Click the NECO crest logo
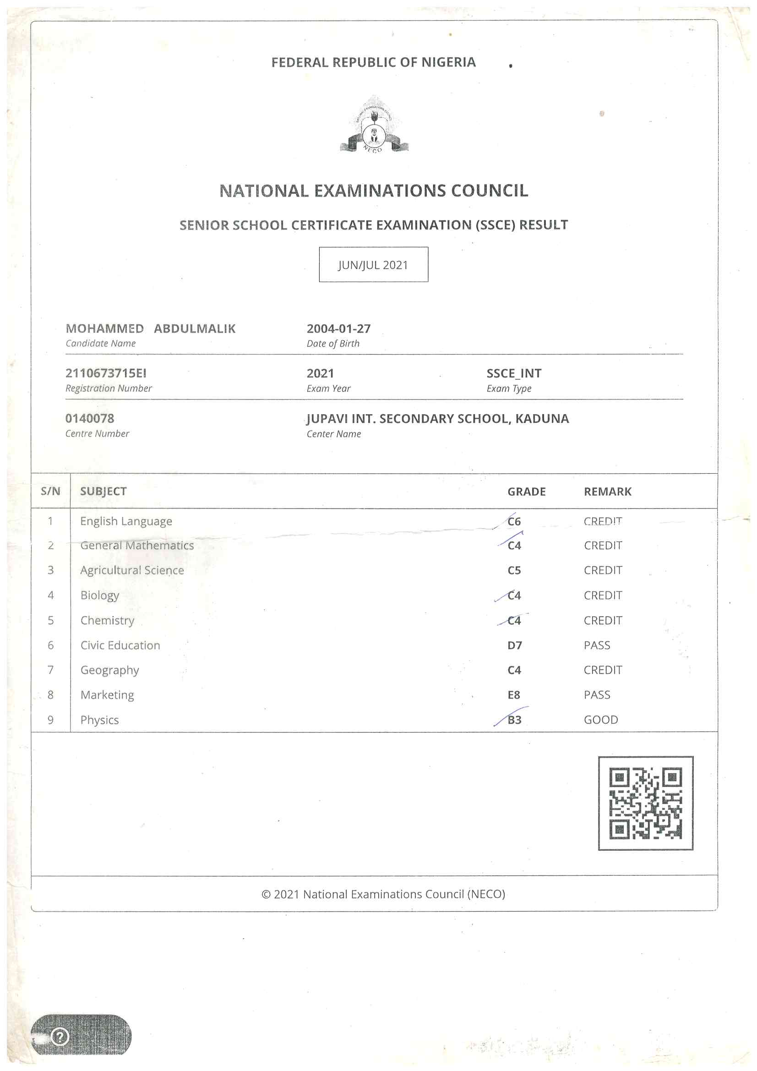click(x=374, y=125)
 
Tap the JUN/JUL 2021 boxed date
click(x=373, y=264)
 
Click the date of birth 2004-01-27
click(x=338, y=329)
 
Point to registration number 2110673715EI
click(x=106, y=373)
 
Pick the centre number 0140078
click(x=90, y=418)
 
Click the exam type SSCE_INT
click(x=513, y=373)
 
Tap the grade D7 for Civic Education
click(x=514, y=645)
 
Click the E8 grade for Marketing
click(x=513, y=694)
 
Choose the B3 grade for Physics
click(x=514, y=720)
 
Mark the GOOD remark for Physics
click(x=601, y=720)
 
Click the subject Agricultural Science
click(x=132, y=570)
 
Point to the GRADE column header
click(x=526, y=492)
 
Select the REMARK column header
click(x=607, y=492)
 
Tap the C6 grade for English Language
click(x=514, y=521)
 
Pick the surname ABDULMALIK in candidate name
click(x=195, y=329)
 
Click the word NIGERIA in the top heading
click(x=448, y=62)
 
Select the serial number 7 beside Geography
click(x=50, y=670)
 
